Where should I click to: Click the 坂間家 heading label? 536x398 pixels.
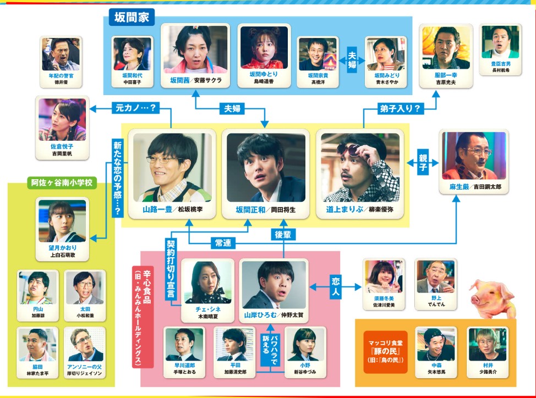point(132,17)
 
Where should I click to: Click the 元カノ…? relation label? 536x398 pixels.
point(135,108)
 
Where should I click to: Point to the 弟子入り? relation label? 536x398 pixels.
point(400,108)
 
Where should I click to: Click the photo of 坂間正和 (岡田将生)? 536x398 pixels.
point(266,167)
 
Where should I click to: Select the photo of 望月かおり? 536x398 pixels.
point(62,221)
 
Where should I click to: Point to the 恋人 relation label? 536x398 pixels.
point(336,287)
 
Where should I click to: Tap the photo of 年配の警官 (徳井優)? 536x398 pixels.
point(61,54)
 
